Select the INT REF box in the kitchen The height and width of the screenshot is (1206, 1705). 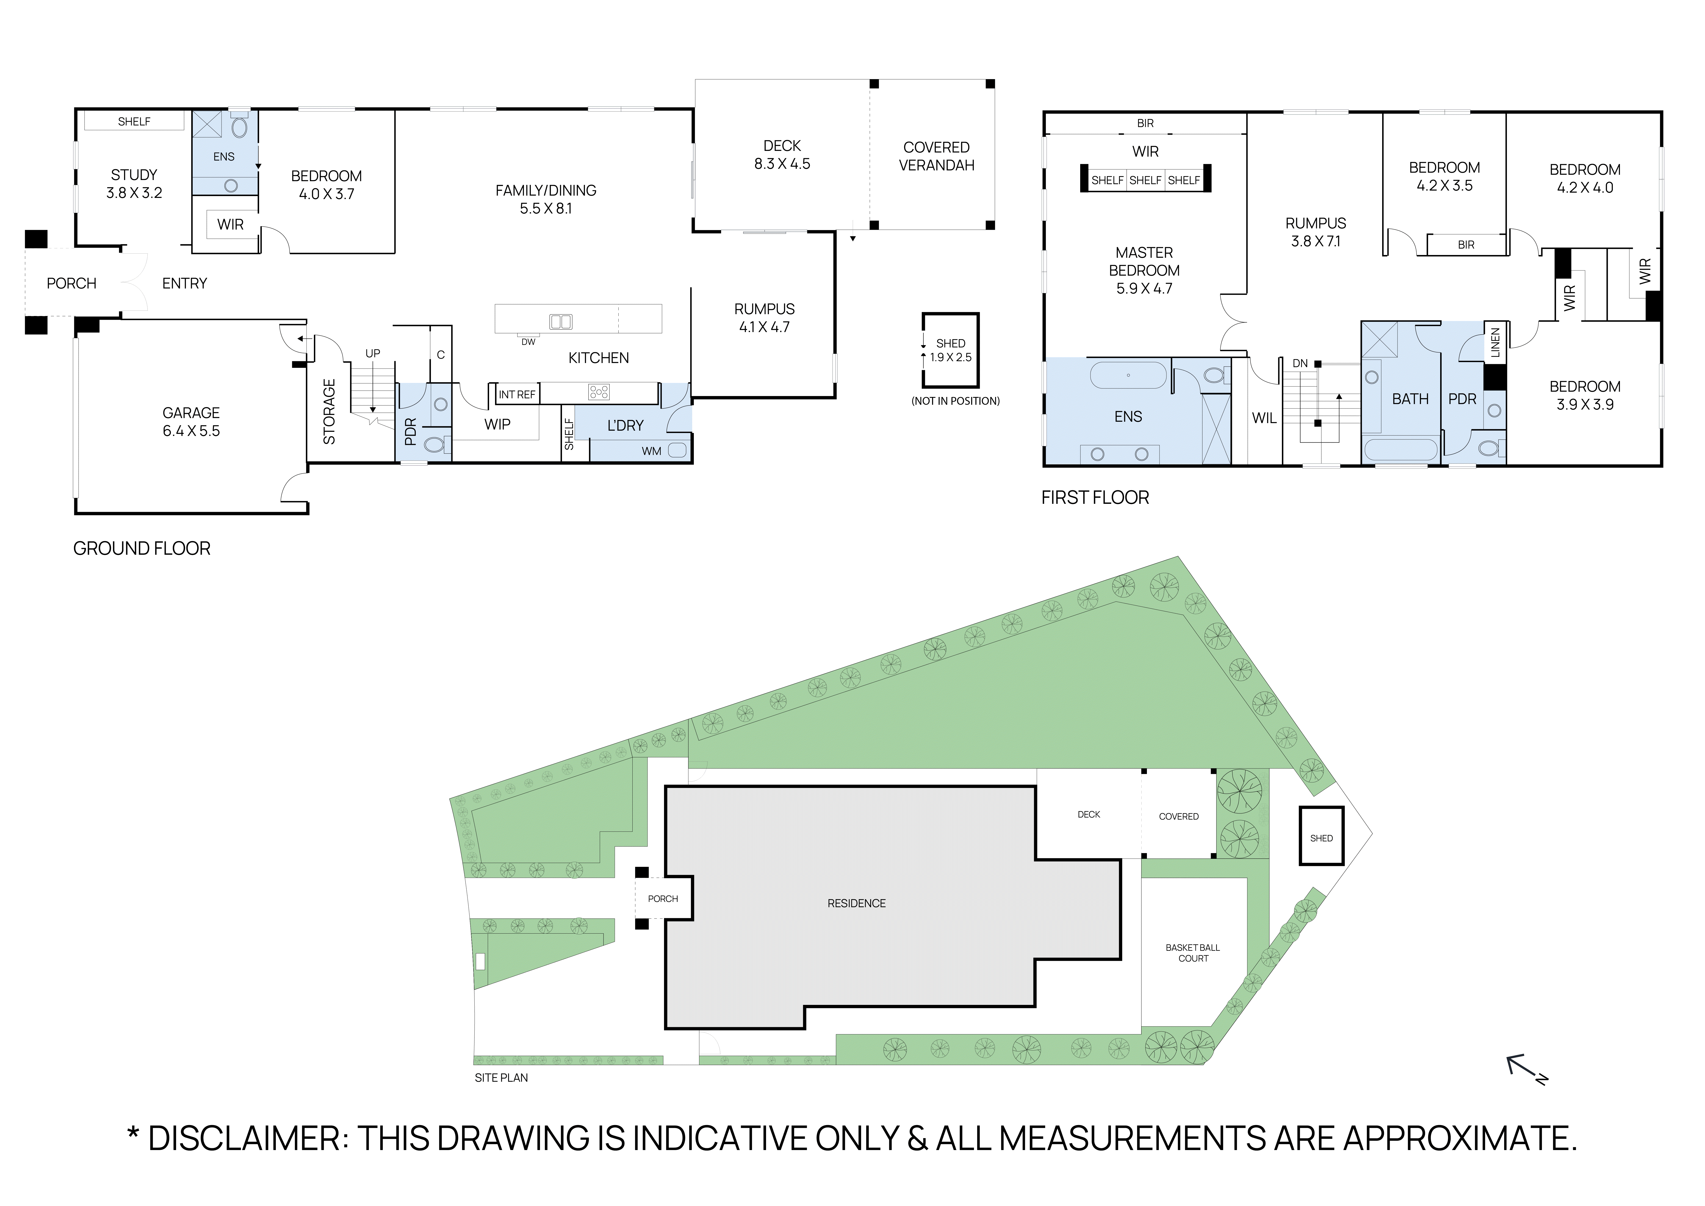point(517,394)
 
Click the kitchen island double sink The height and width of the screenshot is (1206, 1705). point(561,322)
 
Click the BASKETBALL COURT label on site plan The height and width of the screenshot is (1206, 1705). point(1193,953)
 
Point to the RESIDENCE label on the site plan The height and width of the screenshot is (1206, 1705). point(856,903)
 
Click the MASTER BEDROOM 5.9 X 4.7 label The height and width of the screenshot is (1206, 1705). point(1144,270)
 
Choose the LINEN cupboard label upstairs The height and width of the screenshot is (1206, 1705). point(1495,342)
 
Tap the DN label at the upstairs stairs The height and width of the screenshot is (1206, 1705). point(1300,363)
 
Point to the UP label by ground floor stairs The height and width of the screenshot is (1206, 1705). point(373,353)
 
